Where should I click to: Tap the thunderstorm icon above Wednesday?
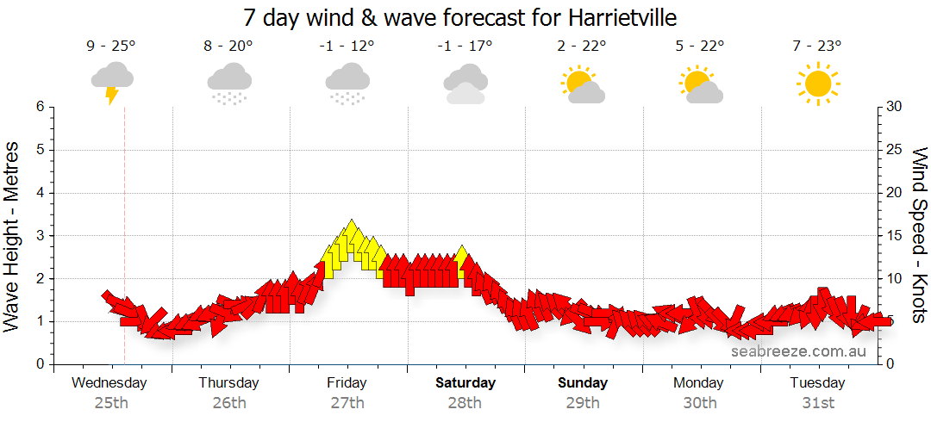point(112,82)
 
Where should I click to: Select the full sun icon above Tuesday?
point(817,84)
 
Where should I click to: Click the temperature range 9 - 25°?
point(111,46)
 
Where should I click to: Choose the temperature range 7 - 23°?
point(817,46)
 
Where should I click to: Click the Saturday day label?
point(465,382)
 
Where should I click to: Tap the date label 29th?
point(583,402)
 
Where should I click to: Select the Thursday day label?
point(228,382)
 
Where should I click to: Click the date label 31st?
point(818,402)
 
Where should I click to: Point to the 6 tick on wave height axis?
point(39,107)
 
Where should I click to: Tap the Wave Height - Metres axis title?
point(13,236)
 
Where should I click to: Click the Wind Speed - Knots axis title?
point(919,236)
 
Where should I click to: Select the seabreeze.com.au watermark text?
point(799,351)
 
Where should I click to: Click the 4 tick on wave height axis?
point(39,193)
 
